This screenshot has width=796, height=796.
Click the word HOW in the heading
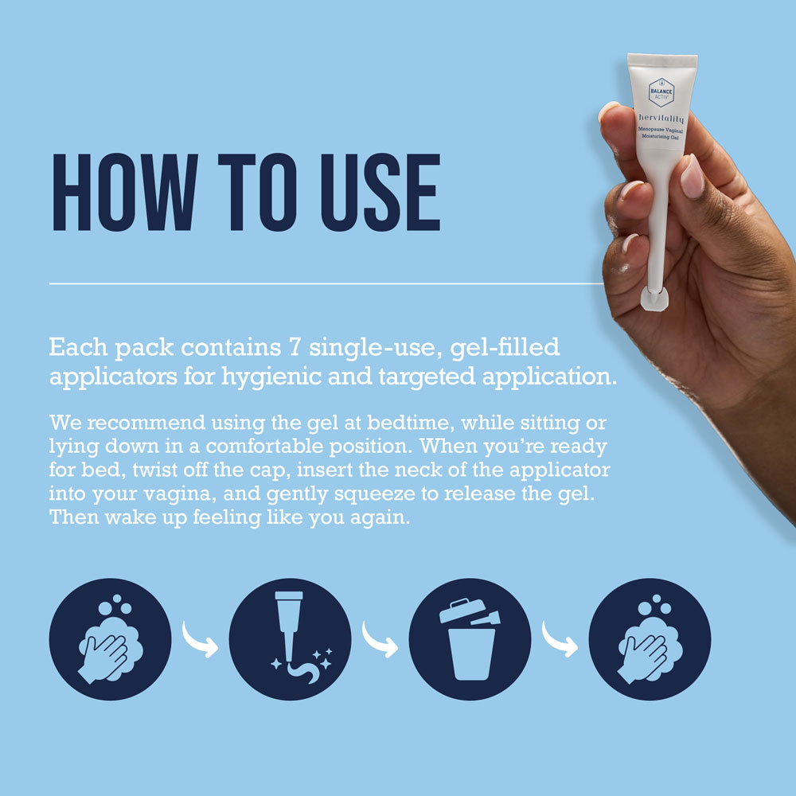[125, 192]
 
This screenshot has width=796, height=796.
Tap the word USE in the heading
[380, 192]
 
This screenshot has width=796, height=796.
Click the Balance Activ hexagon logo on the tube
[661, 93]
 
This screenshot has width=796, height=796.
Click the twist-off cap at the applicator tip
[654, 298]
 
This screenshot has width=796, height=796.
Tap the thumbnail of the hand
[692, 176]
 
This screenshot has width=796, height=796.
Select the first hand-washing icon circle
[110, 639]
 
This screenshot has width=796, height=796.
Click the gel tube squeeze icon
[290, 639]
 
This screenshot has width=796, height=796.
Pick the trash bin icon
[470, 639]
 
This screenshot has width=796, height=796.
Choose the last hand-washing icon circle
[650, 639]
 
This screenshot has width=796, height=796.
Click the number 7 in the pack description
[295, 347]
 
